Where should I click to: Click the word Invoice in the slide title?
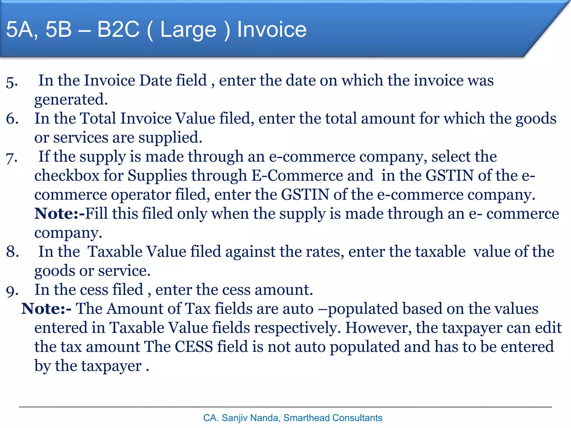point(272,30)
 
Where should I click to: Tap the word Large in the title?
point(188,30)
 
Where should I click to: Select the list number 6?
point(12,119)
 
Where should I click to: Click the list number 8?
point(13,252)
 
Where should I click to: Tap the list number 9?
point(13,290)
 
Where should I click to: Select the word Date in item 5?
point(155,81)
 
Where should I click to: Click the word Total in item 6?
point(98,118)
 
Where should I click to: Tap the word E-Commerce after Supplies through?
point(312,176)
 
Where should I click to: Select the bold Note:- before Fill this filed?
point(59,214)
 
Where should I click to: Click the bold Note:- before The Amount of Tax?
point(46,309)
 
